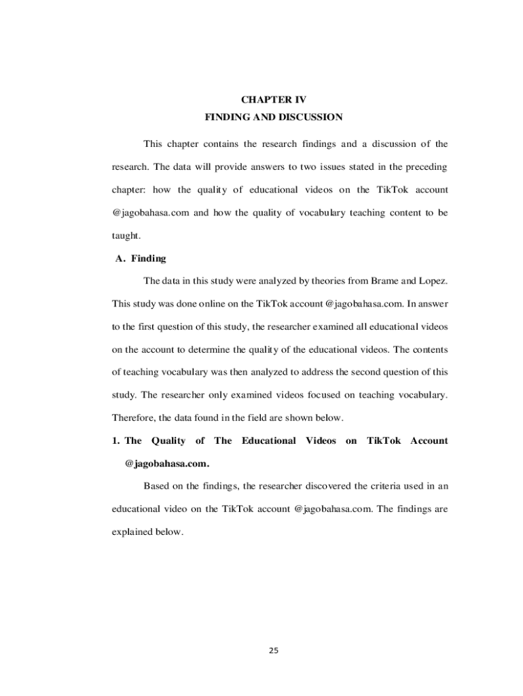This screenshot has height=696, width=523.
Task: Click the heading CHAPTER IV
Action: [x=274, y=99]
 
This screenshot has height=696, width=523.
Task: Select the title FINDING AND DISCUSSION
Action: [x=274, y=118]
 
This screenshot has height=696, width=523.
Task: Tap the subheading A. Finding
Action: [x=139, y=259]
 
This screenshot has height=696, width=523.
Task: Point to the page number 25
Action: [x=274, y=650]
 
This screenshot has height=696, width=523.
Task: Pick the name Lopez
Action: [x=431, y=281]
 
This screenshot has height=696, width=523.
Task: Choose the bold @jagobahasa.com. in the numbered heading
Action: [x=167, y=464]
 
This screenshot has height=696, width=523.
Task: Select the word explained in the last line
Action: [x=132, y=532]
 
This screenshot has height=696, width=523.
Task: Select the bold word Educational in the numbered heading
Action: [x=268, y=440]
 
